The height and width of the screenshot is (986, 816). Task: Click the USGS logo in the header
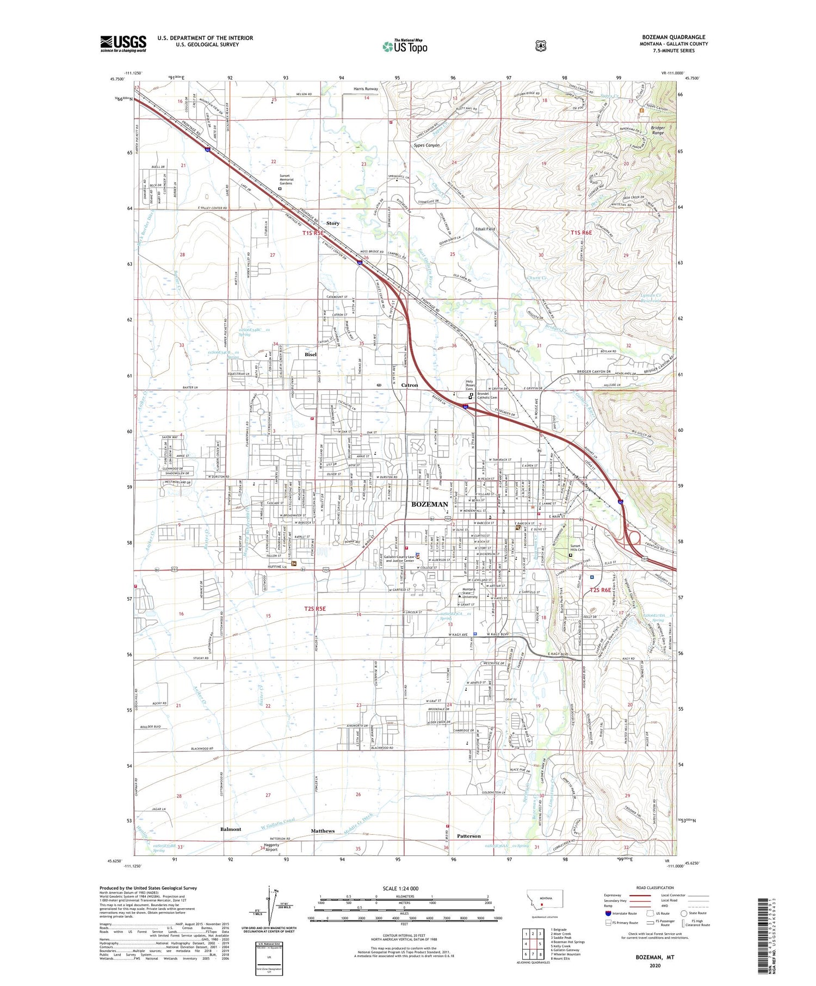(x=123, y=44)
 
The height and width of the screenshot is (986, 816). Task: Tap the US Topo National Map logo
(x=405, y=46)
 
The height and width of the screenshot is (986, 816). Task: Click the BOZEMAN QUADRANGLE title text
(x=673, y=37)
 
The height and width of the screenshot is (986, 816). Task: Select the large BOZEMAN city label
(x=430, y=504)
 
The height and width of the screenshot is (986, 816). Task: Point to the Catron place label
(x=409, y=385)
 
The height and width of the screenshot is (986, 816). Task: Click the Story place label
(x=332, y=224)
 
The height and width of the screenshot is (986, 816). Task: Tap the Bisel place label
(x=310, y=355)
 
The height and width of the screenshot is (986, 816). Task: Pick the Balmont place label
(x=230, y=829)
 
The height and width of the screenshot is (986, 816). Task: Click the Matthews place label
(x=323, y=831)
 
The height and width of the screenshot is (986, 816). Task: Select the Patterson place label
(x=468, y=836)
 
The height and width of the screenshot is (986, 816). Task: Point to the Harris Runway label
(x=366, y=89)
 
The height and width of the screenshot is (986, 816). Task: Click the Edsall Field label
(x=485, y=229)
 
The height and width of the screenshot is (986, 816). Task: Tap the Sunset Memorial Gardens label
(x=286, y=179)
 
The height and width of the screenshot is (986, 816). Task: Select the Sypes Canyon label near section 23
(x=426, y=146)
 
